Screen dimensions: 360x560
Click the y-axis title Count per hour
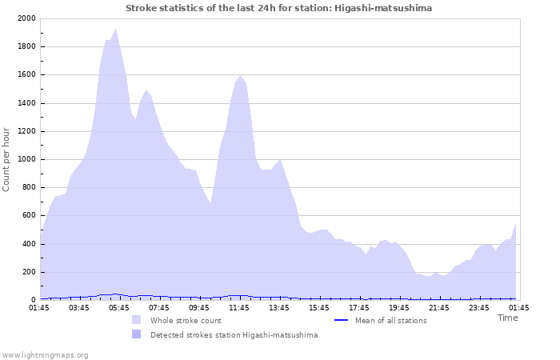click(7, 159)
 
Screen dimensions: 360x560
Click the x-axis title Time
click(507, 318)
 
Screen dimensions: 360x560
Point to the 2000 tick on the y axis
click(24, 18)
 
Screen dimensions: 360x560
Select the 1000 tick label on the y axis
click(24, 159)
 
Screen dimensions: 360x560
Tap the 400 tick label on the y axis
click(26, 244)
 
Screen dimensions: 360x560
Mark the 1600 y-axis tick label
click(24, 75)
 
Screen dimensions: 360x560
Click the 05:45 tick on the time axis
click(119, 306)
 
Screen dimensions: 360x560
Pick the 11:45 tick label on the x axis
click(239, 306)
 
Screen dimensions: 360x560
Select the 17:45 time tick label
click(359, 306)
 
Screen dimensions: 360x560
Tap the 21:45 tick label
click(439, 306)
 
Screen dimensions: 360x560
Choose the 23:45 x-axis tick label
click(479, 306)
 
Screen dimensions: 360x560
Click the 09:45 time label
click(199, 306)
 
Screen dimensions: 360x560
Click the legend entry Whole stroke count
click(185, 321)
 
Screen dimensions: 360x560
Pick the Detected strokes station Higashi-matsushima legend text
click(234, 335)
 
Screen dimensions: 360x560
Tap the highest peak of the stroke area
click(115, 29)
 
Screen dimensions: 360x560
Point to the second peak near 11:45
click(240, 76)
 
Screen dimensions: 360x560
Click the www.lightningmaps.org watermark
click(45, 354)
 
